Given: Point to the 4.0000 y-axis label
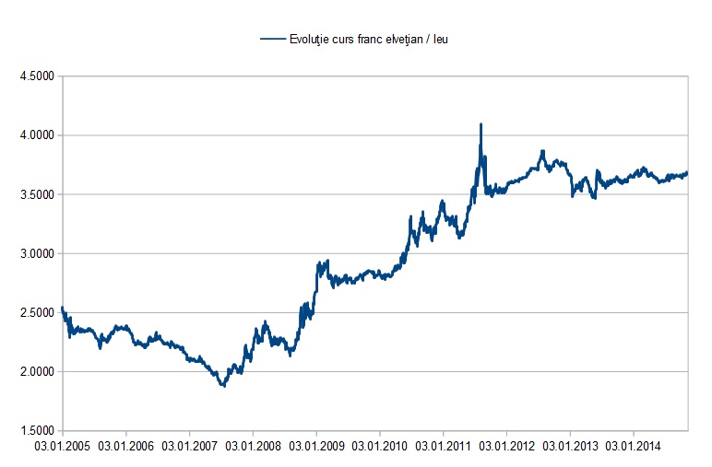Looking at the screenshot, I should [35, 135].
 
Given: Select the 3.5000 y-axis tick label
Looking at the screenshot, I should [35, 194].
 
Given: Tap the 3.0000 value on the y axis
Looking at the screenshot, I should [35, 253].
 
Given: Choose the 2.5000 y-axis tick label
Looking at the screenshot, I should [35, 313].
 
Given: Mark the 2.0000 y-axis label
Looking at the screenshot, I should [35, 372].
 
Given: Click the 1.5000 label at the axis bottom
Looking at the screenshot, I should [35, 431].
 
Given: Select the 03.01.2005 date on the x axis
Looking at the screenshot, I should [64, 447].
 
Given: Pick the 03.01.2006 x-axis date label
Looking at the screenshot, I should [126, 447].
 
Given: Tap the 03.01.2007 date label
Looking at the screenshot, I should [190, 447].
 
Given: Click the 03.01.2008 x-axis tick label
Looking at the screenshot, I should [254, 447].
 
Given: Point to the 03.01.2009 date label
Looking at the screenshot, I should [316, 447].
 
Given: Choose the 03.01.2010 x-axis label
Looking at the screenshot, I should [380, 447].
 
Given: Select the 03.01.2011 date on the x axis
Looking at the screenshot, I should [443, 447].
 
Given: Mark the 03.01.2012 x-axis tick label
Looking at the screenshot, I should [506, 447].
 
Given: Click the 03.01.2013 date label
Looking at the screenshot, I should [570, 447].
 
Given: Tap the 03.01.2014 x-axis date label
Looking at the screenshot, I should [633, 447].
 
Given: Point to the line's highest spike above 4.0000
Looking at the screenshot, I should [481, 124].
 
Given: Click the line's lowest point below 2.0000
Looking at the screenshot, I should [223, 385].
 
